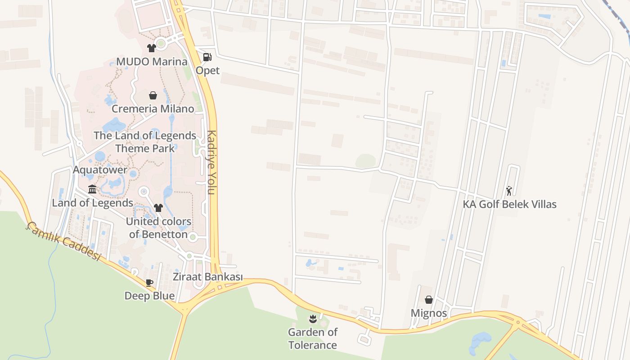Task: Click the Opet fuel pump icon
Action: pyautogui.click(x=207, y=57)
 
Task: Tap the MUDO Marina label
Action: pyautogui.click(x=152, y=62)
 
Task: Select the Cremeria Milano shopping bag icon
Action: pyautogui.click(x=153, y=95)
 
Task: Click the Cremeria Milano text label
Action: pyautogui.click(x=153, y=109)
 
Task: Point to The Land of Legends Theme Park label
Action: pyautogui.click(x=145, y=142)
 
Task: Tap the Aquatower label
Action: pyautogui.click(x=100, y=171)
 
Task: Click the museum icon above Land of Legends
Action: pyautogui.click(x=92, y=189)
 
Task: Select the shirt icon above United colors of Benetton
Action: pyautogui.click(x=158, y=207)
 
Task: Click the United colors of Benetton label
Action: pyautogui.click(x=158, y=228)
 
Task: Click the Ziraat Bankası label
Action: pyautogui.click(x=208, y=277)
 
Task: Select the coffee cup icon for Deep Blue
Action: pyautogui.click(x=149, y=283)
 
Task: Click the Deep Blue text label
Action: pyautogui.click(x=149, y=296)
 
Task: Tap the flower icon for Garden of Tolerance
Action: pyautogui.click(x=313, y=319)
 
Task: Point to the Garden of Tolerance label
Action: pyautogui.click(x=313, y=338)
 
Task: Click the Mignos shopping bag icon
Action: pyautogui.click(x=429, y=300)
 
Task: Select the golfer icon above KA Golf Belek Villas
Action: pyautogui.click(x=509, y=191)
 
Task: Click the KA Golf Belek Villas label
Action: pyautogui.click(x=509, y=204)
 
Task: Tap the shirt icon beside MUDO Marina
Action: pyautogui.click(x=151, y=48)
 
